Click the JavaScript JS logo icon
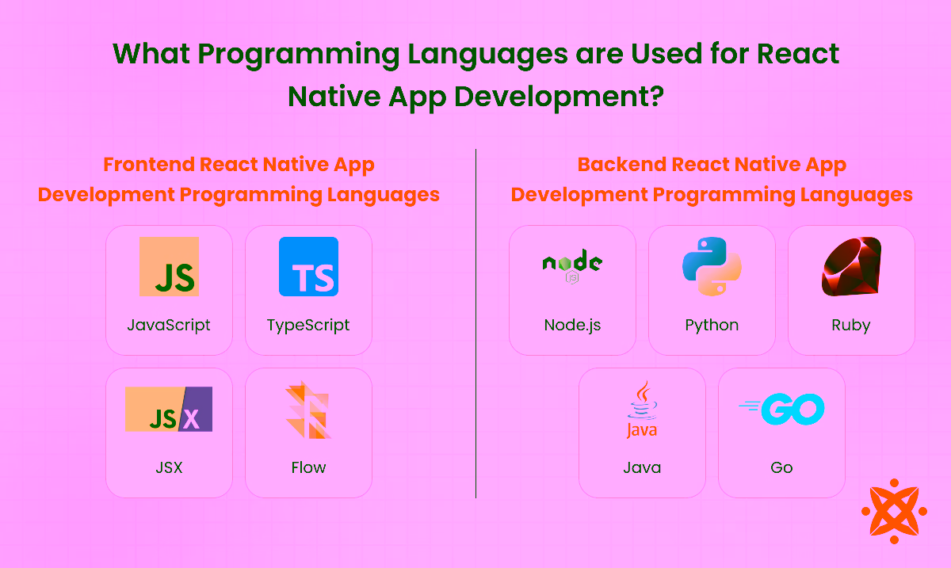pos(169,267)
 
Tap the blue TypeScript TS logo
pos(308,267)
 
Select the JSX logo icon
pos(169,409)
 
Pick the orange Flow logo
pos(307,410)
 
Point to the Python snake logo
pos(712,267)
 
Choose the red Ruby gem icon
pos(851,267)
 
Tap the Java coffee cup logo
pos(642,409)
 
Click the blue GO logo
pos(782,409)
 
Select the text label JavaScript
pos(169,325)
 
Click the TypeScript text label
pos(308,325)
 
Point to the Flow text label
pos(308,467)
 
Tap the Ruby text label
pos(851,325)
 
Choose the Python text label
pos(712,325)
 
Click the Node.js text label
pos(572,325)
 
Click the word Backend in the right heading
pos(621,165)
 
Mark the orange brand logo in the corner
pos(894,511)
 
